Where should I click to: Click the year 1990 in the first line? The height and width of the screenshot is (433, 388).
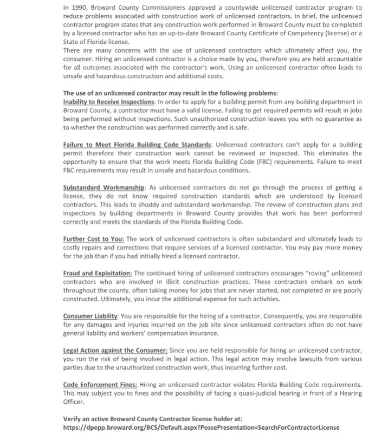tap(79, 8)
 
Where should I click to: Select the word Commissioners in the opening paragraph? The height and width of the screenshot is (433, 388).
tap(161, 8)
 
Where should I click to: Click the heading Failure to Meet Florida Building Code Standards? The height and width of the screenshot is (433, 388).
tap(138, 145)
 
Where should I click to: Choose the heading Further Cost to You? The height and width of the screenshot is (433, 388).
tap(94, 239)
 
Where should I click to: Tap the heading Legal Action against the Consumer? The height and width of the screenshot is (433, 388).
tap(115, 351)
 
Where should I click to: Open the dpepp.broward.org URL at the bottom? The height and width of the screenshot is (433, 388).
tap(201, 427)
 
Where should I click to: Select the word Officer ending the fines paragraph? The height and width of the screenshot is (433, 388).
tap(75, 402)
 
